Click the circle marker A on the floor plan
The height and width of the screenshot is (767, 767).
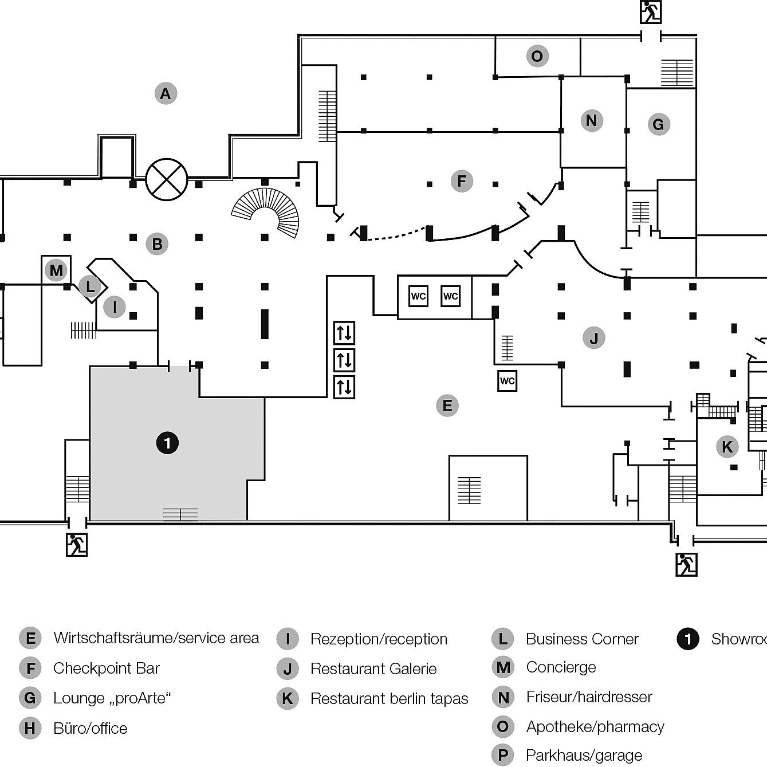(166, 93)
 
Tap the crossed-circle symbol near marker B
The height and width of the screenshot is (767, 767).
(167, 179)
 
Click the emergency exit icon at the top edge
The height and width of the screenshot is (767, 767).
(650, 12)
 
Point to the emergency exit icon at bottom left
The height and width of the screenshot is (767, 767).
(76, 544)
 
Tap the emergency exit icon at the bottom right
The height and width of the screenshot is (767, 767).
(686, 564)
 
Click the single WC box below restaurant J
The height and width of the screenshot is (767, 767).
(507, 381)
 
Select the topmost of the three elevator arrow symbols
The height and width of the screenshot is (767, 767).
(344, 333)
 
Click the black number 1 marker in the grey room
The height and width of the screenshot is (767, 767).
(167, 443)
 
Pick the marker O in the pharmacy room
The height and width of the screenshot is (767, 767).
(537, 56)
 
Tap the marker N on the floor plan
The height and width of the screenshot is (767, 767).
(592, 121)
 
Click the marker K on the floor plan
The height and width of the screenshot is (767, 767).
(727, 447)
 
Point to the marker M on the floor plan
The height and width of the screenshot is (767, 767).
(56, 270)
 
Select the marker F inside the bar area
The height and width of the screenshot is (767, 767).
(462, 181)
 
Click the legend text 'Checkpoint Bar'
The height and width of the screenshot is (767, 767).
(107, 668)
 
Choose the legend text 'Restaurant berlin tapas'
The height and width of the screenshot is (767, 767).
(389, 699)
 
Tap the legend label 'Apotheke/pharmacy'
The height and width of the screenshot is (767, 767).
(595, 727)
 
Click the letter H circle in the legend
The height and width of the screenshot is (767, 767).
(30, 729)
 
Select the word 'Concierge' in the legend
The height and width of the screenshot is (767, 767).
(561, 667)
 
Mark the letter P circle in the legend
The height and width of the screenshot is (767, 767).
(503, 756)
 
